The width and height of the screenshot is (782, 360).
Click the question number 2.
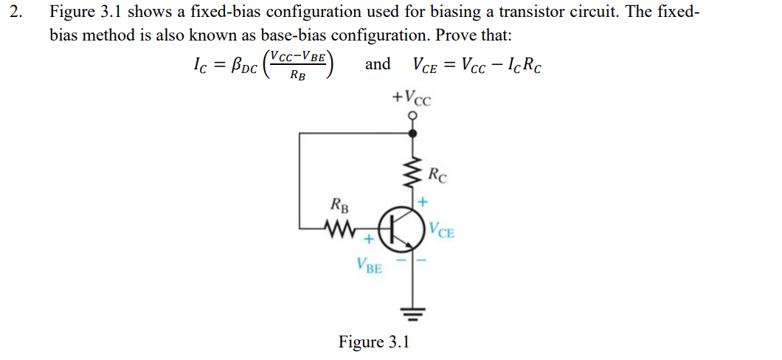[16, 13]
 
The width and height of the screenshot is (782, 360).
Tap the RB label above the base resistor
[341, 206]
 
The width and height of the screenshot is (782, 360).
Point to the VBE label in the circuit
[369, 266]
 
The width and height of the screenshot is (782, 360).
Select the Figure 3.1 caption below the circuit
[373, 342]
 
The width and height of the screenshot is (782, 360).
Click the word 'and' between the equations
[378, 64]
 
